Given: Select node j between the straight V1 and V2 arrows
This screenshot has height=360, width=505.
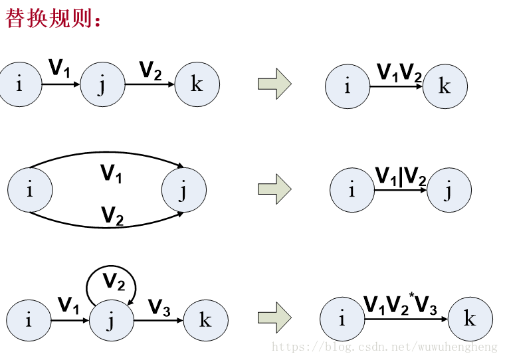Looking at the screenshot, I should (x=102, y=84).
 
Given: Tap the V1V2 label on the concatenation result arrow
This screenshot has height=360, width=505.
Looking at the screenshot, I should (x=399, y=72).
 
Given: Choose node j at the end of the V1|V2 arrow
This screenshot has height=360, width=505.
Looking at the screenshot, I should (x=449, y=191).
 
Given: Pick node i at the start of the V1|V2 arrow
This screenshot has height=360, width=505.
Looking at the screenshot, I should (x=352, y=191).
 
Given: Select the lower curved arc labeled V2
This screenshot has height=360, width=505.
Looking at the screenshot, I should (x=106, y=226).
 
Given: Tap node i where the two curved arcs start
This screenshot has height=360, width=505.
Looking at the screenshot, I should (x=30, y=191).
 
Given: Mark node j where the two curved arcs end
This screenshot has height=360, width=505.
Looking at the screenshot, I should (x=183, y=191).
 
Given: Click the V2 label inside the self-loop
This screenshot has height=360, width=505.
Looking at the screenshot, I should (x=113, y=282).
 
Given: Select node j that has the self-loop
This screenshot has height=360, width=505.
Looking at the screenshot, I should (x=111, y=320).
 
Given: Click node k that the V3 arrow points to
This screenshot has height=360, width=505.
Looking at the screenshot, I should (x=205, y=320).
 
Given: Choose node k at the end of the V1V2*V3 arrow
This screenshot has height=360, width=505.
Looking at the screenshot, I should (x=470, y=319).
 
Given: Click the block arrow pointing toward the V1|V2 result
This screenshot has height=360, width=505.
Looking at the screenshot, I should (x=274, y=189).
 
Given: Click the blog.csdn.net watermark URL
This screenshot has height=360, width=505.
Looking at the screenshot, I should (x=385, y=347).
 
